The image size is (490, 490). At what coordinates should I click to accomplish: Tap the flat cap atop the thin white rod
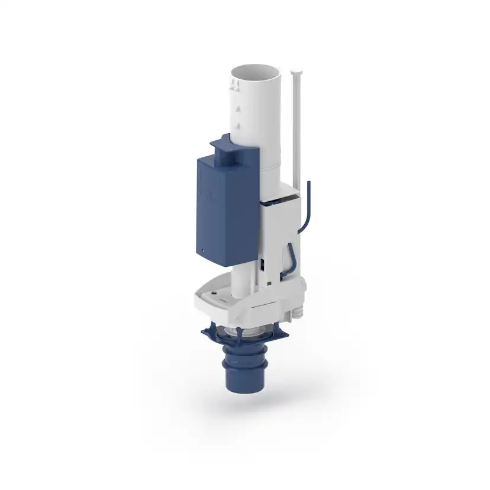[296, 72]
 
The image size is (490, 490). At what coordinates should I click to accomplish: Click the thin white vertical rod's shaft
[297, 130]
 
